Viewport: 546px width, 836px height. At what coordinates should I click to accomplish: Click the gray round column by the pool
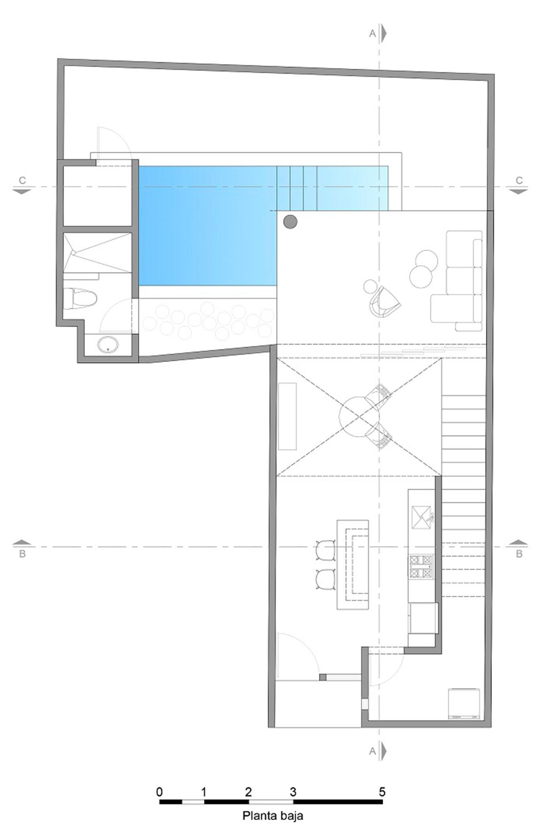(290, 222)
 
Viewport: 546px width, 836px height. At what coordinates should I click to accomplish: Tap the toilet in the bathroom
(80, 299)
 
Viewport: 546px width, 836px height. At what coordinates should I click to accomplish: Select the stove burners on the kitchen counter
(422, 566)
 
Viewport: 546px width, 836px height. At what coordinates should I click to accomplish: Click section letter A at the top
(372, 33)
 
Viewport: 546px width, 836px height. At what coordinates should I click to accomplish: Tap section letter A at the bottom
(372, 752)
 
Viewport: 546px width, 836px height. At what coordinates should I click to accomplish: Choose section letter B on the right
(519, 554)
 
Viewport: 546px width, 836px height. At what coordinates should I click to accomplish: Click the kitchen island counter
(353, 564)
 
